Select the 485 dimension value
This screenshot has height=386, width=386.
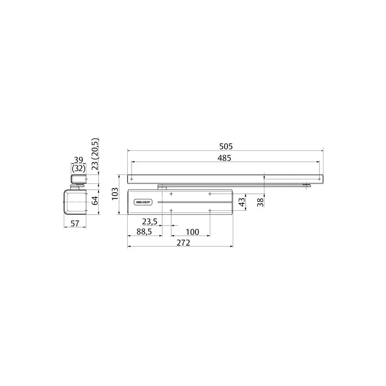coord(225,158)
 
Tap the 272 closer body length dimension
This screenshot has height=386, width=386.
coord(183,243)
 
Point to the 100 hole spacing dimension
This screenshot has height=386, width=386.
coord(192,232)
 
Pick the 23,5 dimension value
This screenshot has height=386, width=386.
coord(149,221)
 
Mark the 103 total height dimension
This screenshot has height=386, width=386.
coord(115,195)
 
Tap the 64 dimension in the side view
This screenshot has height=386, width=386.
coord(95,201)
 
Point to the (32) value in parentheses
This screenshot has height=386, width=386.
coord(79,169)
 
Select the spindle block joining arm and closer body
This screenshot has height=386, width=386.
coord(162,187)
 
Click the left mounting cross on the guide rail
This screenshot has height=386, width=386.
coord(132,178)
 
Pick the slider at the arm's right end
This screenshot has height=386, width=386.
coord(307,185)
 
